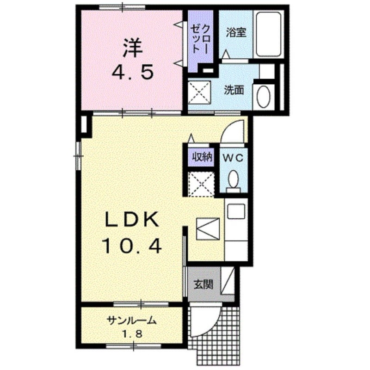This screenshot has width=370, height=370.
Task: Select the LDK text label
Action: tap(131, 221)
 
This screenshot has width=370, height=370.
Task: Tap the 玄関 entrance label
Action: tap(203, 284)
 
